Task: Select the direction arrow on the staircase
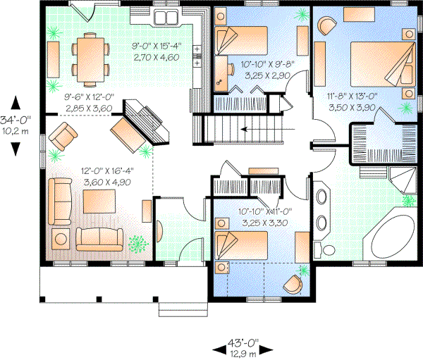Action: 247,129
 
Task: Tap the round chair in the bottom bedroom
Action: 293,284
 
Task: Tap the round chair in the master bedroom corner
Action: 326,25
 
